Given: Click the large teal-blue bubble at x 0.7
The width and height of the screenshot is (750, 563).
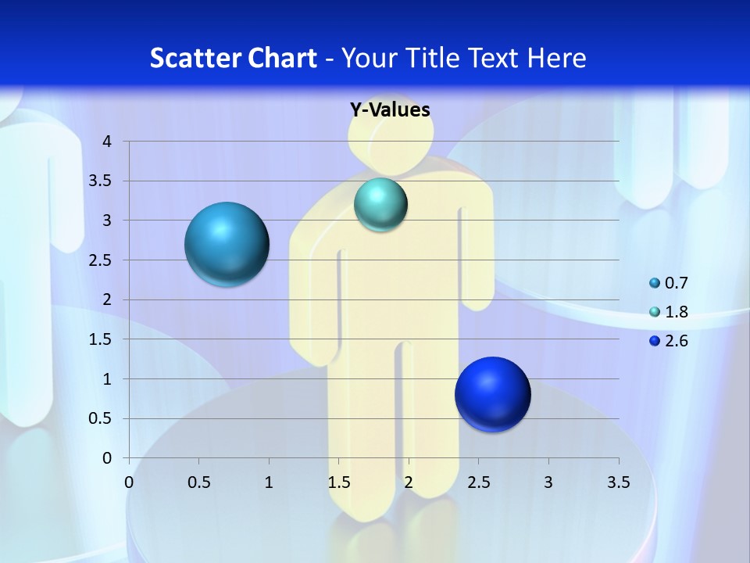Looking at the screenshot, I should (227, 244).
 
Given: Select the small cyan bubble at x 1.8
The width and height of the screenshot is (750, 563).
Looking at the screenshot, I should (380, 205).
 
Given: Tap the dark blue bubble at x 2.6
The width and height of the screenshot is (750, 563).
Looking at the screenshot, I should (492, 394).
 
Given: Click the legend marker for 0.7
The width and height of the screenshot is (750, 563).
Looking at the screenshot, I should (655, 283).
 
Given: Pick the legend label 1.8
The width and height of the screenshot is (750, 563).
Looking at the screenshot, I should (677, 312).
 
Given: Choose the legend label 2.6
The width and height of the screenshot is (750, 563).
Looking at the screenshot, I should (677, 341).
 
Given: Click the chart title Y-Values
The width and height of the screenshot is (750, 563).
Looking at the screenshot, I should (390, 109).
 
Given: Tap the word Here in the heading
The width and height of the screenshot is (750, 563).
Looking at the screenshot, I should (556, 58).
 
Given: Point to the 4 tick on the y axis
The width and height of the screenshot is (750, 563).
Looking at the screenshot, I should (107, 142).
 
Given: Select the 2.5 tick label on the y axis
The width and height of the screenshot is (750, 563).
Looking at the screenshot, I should (101, 260).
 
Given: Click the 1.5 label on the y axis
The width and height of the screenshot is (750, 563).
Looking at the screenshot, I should (101, 339).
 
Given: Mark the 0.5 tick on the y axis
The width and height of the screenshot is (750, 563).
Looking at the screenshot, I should (101, 418).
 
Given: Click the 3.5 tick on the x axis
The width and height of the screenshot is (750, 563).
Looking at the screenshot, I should (618, 482).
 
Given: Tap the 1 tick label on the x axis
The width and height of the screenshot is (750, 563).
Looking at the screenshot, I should (269, 482).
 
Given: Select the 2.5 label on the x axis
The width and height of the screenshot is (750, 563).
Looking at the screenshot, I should (478, 482).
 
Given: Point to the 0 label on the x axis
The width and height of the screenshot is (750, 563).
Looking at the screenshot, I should (129, 482).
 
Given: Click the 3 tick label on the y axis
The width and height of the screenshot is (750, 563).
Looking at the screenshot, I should (107, 221).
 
